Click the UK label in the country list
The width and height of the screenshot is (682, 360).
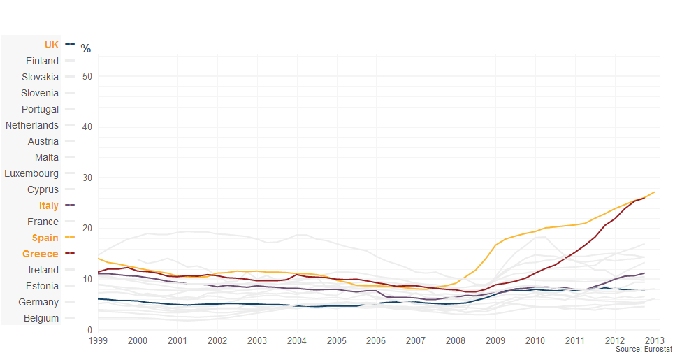click(52, 45)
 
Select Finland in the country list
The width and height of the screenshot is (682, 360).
click(43, 61)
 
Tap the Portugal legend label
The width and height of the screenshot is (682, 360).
click(40, 109)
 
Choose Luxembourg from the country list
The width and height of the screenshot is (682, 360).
click(31, 173)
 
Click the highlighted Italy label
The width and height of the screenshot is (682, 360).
click(50, 206)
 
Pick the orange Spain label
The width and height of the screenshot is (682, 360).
click(45, 238)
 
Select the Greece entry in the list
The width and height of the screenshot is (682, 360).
click(41, 254)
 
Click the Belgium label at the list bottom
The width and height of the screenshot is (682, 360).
click(41, 318)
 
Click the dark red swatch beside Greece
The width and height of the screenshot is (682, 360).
click(70, 254)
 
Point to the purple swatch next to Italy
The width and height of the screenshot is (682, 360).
click(70, 206)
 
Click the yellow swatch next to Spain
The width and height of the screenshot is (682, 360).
click(70, 238)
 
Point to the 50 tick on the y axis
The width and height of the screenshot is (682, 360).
click(88, 76)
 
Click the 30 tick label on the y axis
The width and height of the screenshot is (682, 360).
click(88, 178)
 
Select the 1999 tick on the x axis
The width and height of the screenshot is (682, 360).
click(99, 340)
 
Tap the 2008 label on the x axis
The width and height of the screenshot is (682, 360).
click(456, 340)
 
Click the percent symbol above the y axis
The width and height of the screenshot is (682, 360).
click(85, 48)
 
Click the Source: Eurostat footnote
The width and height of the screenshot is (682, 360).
click(644, 349)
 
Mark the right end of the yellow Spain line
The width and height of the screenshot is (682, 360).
click(654, 192)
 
